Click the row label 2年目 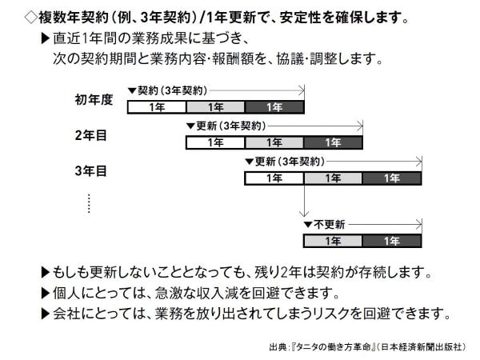90,135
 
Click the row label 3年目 90,170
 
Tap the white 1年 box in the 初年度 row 157,107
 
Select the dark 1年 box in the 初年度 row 274,107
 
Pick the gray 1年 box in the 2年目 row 274,142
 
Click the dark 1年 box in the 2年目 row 334,142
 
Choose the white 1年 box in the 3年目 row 274,178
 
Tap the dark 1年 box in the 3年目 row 392,178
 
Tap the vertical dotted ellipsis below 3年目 90,202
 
